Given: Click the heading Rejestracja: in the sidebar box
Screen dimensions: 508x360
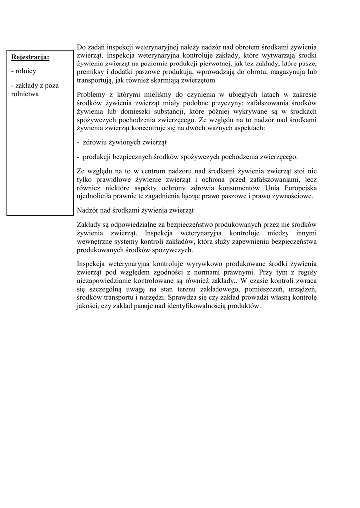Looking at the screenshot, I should [x=30, y=57].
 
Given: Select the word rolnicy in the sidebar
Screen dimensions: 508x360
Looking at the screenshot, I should [x=23, y=71].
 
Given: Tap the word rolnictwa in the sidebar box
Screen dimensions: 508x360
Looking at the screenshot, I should [x=25, y=93].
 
